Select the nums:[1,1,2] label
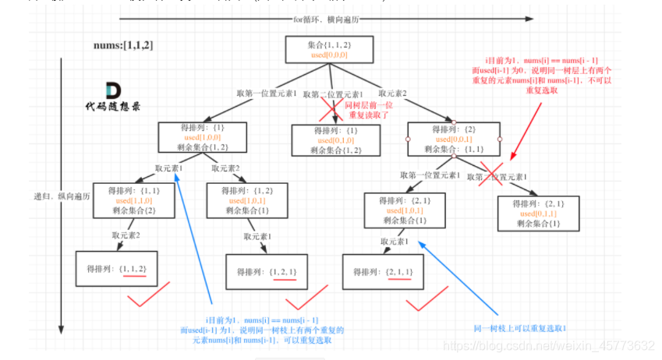(x=125, y=46)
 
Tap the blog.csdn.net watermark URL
(x=572, y=345)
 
